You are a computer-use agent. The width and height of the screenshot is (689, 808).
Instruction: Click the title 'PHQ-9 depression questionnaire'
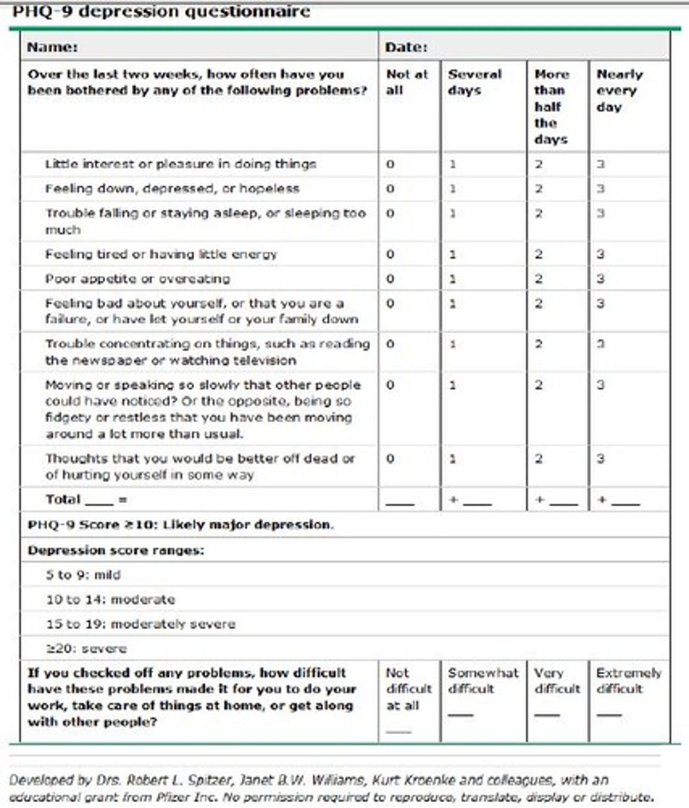tap(161, 11)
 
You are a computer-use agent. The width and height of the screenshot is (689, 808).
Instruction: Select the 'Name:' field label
tap(52, 47)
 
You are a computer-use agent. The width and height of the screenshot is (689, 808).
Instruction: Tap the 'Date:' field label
tap(406, 47)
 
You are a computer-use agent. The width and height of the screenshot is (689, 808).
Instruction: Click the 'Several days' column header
tap(474, 82)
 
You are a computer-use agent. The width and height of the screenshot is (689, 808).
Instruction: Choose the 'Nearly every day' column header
tap(619, 90)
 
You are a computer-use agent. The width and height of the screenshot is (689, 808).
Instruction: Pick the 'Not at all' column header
tap(406, 82)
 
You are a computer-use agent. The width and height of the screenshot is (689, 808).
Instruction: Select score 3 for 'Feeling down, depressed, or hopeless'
tap(601, 189)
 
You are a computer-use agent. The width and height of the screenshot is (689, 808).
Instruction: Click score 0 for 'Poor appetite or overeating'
tap(390, 279)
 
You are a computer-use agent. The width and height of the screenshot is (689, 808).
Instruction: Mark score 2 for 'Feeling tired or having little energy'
tap(538, 255)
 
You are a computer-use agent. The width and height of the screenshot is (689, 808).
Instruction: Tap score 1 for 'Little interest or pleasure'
tap(453, 164)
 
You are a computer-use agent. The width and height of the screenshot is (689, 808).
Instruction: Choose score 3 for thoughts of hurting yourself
tap(601, 459)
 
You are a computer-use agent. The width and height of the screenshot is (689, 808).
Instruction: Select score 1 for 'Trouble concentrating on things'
tap(453, 344)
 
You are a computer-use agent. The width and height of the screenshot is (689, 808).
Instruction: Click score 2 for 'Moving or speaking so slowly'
tap(538, 385)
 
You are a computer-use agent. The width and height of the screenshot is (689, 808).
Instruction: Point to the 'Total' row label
tap(63, 500)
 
